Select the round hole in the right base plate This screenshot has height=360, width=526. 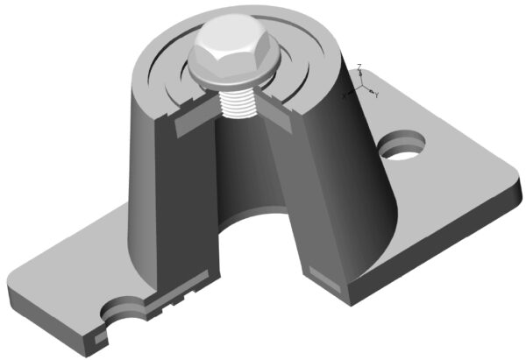[x=406, y=145]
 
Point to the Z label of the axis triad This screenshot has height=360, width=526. [x=360, y=67]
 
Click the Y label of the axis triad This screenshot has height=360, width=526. [x=378, y=93]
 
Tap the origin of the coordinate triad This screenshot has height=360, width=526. [x=362, y=87]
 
